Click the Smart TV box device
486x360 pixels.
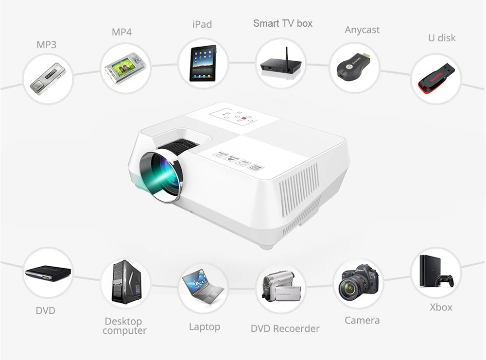coord(280,65)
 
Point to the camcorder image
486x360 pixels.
coord(281,287)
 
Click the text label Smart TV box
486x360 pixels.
coord(283,23)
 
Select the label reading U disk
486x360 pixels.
coord(442,38)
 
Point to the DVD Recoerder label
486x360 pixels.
coord(285,329)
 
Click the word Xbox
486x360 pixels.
coord(441,307)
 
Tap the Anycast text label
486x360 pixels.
coord(362,30)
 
